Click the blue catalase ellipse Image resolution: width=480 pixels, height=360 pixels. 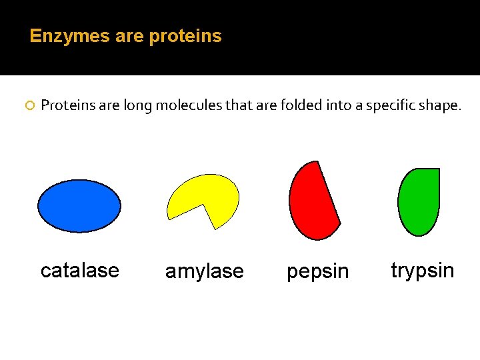click(79, 205)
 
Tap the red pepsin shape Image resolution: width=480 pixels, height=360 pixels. click(311, 203)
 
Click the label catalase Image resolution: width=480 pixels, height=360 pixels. click(79, 271)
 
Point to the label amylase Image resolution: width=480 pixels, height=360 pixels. click(205, 272)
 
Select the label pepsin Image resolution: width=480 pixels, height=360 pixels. click(317, 272)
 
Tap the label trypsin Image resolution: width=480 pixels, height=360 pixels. click(422, 271)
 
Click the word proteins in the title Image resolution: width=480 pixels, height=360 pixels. click(185, 36)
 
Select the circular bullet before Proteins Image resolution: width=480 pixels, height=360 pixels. click(29, 105)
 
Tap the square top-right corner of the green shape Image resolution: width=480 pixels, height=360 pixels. click(437, 171)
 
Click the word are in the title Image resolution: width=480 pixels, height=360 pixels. click(129, 36)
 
